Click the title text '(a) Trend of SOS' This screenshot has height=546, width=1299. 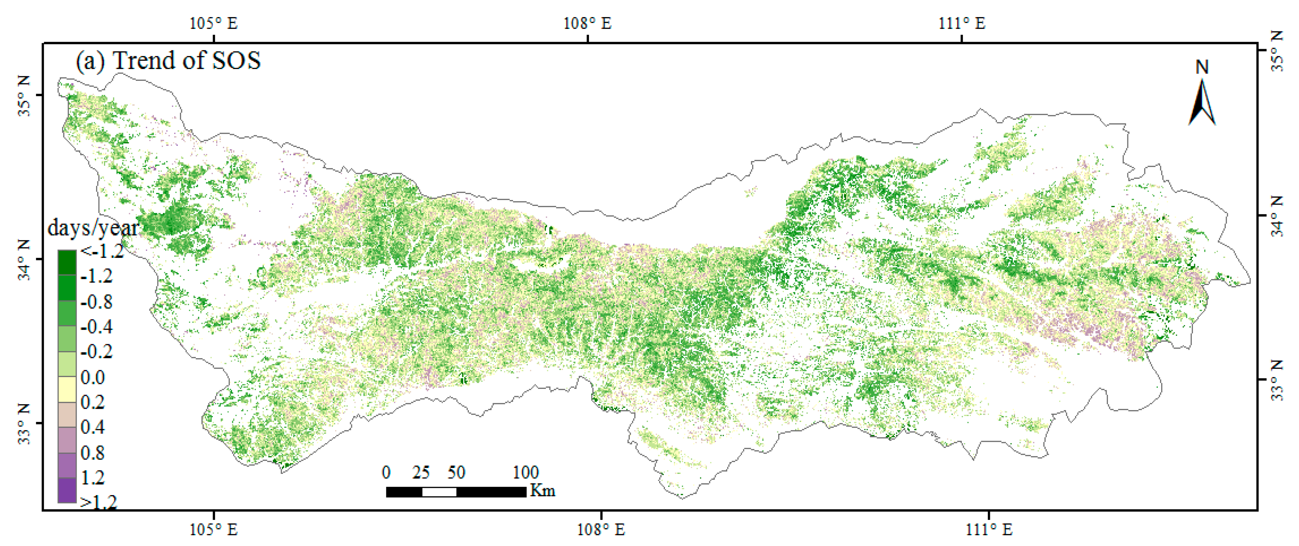[x=168, y=61]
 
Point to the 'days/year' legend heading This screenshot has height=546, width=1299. [x=92, y=228]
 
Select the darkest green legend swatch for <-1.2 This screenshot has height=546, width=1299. [x=67, y=262]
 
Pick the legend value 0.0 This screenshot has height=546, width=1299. [x=93, y=377]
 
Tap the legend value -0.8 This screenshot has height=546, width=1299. [x=96, y=302]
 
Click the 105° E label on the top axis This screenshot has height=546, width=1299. [x=213, y=24]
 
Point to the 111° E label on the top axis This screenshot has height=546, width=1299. [x=962, y=24]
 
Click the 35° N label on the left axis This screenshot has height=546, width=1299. [x=24, y=96]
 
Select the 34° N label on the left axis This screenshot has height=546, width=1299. [x=24, y=259]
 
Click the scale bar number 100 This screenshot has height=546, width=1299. [x=526, y=473]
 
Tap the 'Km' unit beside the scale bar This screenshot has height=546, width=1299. [x=542, y=491]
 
